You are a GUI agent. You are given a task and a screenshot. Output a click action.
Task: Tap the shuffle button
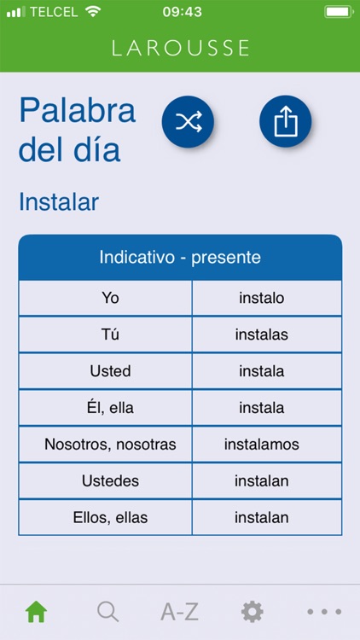coord(188,122)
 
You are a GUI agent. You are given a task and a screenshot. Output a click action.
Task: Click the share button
coord(285,122)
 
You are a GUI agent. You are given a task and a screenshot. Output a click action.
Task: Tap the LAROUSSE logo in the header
coord(180,48)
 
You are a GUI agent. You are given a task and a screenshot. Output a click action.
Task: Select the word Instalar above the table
coord(59,202)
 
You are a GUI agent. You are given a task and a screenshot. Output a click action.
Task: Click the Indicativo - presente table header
coord(180,257)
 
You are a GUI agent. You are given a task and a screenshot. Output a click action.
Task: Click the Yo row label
coord(110,298)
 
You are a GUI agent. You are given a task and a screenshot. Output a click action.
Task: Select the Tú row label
coord(110,335)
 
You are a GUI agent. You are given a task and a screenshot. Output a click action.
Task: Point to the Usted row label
coord(110,371)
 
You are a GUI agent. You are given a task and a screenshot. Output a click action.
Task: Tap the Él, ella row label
coord(110,408)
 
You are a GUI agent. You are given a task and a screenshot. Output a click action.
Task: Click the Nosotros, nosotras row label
coord(110,445)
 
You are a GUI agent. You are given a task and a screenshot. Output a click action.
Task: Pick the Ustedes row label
coord(110,481)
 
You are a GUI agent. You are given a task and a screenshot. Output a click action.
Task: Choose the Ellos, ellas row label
coord(110,518)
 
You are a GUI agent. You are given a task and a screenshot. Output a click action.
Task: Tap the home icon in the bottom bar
coord(36,611)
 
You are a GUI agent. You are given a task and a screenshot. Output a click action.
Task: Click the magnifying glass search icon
coord(107,611)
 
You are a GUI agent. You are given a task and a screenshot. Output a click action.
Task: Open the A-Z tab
coord(180,611)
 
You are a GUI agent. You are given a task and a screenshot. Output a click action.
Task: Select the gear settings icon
coord(252,611)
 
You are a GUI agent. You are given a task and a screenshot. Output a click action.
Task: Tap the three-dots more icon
coord(324,611)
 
